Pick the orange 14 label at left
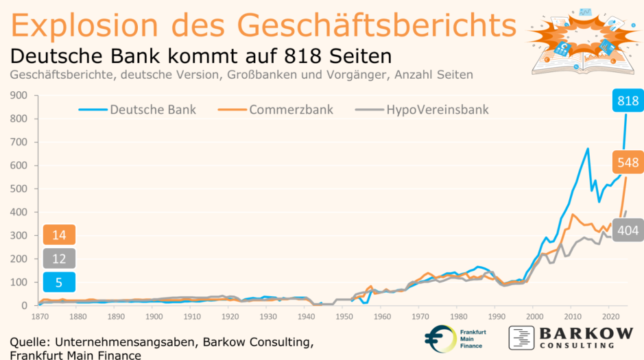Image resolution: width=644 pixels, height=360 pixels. (59, 235)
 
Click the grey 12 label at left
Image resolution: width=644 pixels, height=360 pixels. (59, 259)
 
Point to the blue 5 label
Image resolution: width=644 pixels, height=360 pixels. (59, 282)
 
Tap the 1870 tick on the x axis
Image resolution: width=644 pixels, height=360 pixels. (40, 317)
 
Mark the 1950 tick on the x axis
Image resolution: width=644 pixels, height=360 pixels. (345, 317)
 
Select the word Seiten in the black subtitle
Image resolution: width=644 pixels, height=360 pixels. (357, 56)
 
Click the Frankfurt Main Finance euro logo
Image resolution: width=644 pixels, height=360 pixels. (439, 337)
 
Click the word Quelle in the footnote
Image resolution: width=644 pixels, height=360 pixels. (32, 341)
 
